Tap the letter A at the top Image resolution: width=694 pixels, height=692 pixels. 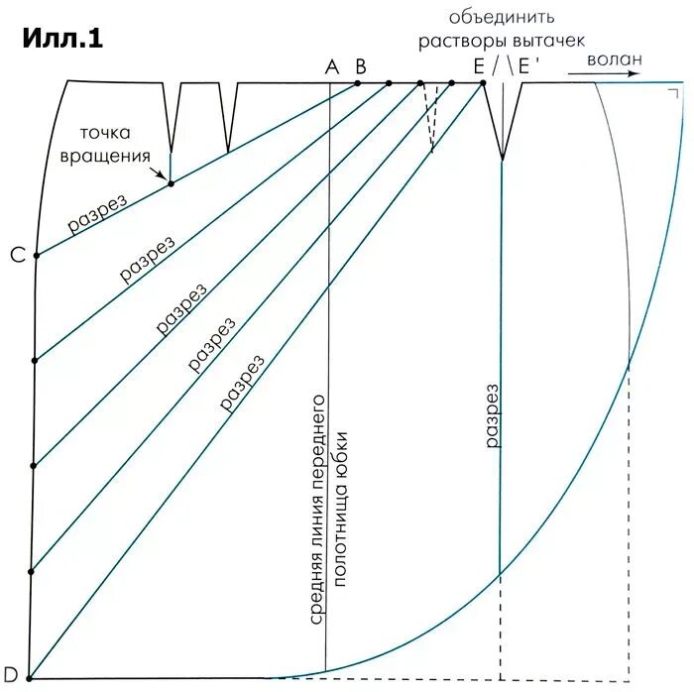[331, 66]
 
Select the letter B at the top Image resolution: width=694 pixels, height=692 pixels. [361, 66]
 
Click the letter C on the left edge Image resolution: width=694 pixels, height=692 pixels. [17, 256]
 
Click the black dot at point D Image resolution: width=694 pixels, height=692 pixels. [30, 678]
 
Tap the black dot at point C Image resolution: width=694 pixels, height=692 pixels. [37, 256]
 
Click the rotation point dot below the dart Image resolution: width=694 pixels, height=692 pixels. [171, 183]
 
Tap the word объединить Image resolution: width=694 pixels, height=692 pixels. [502, 17]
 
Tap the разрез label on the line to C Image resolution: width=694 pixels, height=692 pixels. [97, 212]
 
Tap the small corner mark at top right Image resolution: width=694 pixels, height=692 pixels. [674, 93]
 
